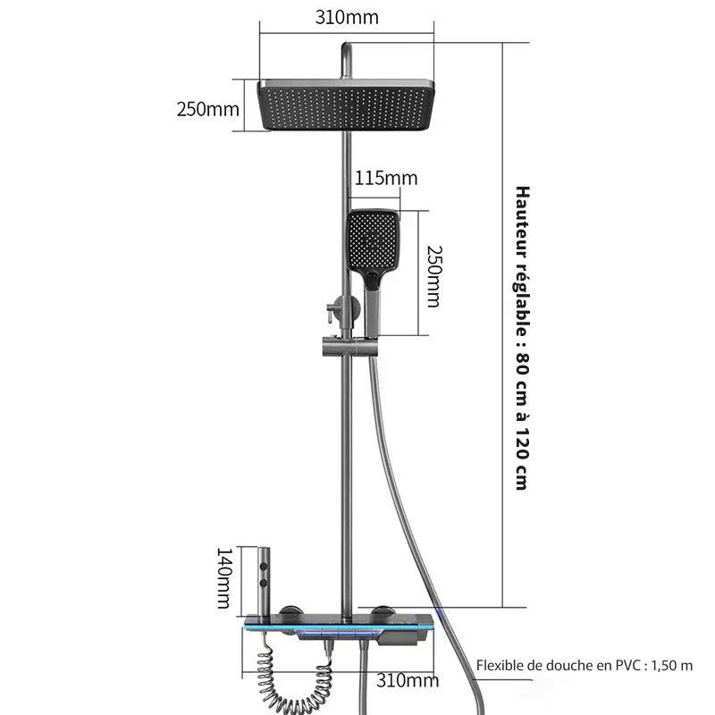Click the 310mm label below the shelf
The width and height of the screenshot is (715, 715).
tap(406, 681)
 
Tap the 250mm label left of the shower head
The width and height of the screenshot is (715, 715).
tap(207, 109)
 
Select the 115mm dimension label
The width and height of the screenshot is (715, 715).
tap(386, 178)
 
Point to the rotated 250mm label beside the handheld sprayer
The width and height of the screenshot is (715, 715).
tap(433, 275)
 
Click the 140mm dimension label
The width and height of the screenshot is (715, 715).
tap(223, 578)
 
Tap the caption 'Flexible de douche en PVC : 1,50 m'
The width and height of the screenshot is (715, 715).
tap(584, 665)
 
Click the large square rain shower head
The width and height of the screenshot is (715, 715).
tap(347, 105)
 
